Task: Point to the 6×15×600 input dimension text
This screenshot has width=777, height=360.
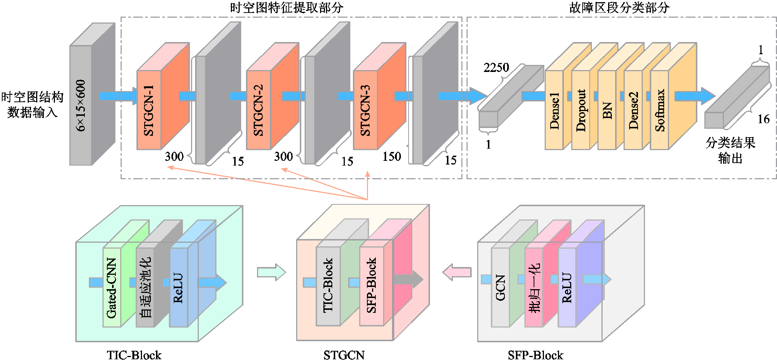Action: pos(81,105)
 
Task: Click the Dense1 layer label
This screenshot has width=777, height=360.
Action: pos(554,111)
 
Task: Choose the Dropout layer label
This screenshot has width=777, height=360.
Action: pos(581,111)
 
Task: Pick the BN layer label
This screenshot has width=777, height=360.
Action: pos(607,111)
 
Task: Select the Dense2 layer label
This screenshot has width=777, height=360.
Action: pos(633,111)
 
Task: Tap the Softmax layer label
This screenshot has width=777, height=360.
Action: pos(660,111)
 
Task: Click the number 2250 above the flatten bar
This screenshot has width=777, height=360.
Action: pos(496,67)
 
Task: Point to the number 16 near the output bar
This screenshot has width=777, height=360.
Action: pos(763,119)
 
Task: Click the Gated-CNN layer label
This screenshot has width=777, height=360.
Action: pos(112,288)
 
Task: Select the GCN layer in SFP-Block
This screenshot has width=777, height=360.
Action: pos(500,288)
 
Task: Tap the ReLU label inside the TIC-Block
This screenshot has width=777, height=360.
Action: pos(178,288)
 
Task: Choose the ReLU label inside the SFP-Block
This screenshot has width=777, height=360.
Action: pos(567,288)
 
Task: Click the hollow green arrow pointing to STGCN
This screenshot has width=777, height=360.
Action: pos(271,273)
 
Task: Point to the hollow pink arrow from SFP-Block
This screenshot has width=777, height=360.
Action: pos(457,273)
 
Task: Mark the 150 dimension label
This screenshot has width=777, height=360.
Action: pos(391,157)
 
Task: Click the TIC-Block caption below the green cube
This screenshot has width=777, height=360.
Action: pos(134,355)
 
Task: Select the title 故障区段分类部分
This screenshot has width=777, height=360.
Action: pos(620,7)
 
